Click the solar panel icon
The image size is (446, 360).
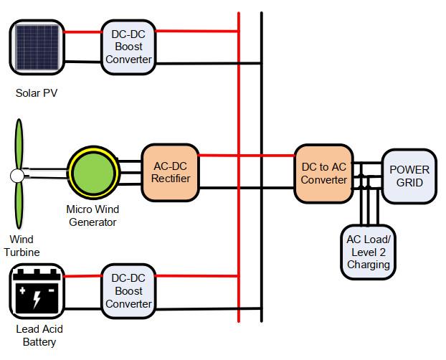point(37,47)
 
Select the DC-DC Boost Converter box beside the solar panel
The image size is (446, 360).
point(128,47)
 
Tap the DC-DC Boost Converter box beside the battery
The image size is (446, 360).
point(128,291)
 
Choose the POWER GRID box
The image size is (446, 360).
point(409,176)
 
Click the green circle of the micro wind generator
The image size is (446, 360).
point(93,174)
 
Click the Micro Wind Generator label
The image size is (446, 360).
point(92,215)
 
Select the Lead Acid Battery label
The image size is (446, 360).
point(37,336)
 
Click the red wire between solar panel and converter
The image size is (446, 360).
point(82,32)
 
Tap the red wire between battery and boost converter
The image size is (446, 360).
point(82,277)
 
